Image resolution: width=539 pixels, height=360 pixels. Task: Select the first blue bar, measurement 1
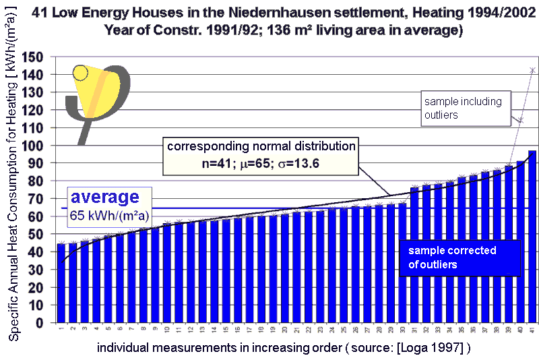coord(61,283)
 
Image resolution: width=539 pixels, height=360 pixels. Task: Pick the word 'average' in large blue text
coord(105,198)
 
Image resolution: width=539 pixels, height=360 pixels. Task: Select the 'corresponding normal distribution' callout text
coord(261,146)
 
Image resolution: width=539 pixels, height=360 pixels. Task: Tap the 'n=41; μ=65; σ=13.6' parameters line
coord(261,162)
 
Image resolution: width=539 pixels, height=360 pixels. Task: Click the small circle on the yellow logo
coord(81,73)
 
